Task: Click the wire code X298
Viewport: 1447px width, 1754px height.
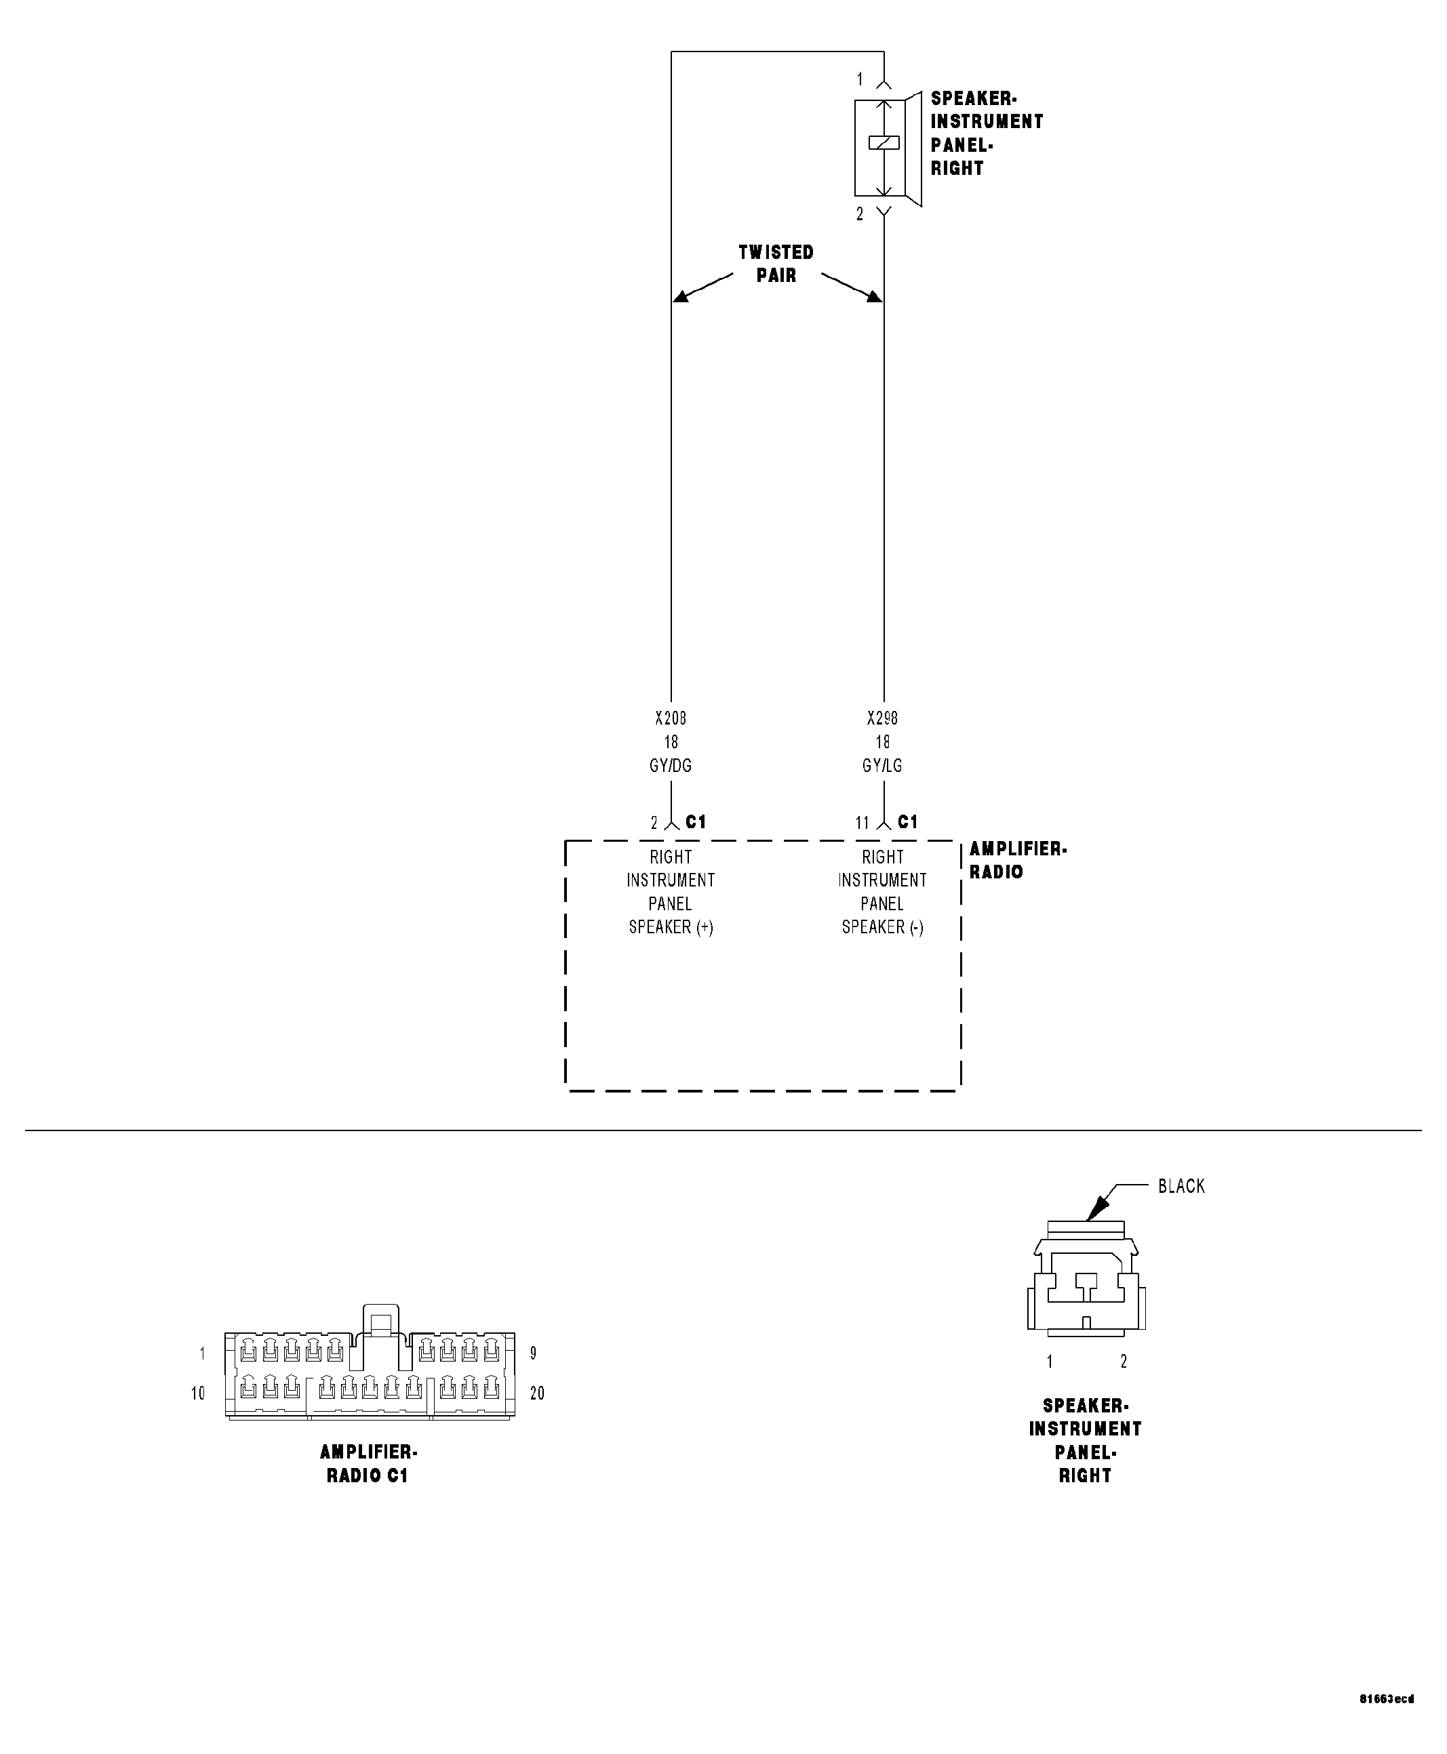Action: pyautogui.click(x=882, y=718)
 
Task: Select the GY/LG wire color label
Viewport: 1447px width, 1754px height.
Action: pyautogui.click(x=882, y=765)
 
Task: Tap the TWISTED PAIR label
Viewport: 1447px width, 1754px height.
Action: pyautogui.click(x=776, y=264)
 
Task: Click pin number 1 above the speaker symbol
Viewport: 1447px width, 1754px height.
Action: pyautogui.click(x=860, y=79)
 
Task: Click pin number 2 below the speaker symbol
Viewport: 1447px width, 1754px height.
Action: pyautogui.click(x=860, y=214)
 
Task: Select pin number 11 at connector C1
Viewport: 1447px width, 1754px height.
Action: pyautogui.click(x=862, y=823)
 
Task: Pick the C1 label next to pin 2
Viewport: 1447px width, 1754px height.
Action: pyautogui.click(x=696, y=822)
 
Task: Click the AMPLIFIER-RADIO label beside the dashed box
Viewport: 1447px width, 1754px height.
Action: pyautogui.click(x=1017, y=860)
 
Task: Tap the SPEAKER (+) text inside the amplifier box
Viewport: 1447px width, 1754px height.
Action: pyautogui.click(x=671, y=926)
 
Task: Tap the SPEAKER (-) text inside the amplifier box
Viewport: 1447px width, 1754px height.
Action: pyautogui.click(x=883, y=926)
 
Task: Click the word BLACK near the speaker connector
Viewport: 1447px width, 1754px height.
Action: pyautogui.click(x=1181, y=1186)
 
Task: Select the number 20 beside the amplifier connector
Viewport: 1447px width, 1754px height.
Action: pyautogui.click(x=537, y=1393)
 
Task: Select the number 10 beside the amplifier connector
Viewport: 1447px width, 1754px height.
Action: pyautogui.click(x=197, y=1393)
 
